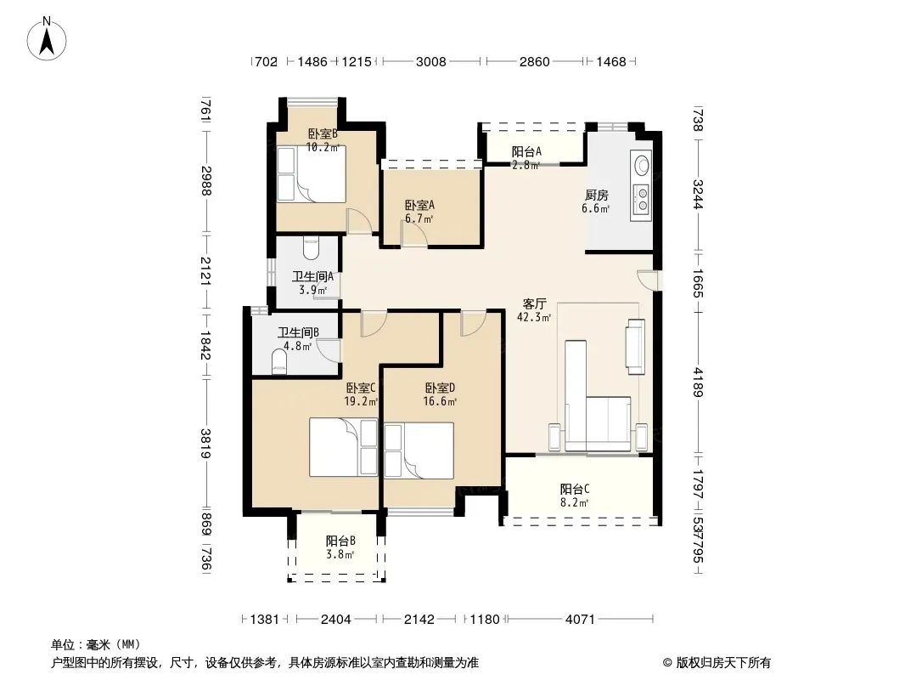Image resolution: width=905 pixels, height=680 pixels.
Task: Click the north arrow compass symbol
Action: pyautogui.click(x=47, y=39)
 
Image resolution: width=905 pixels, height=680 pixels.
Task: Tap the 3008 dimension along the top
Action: pyautogui.click(x=431, y=62)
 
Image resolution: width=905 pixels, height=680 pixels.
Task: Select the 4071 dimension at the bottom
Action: pyautogui.click(x=580, y=620)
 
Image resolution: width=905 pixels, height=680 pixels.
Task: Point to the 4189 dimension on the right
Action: pyautogui.click(x=698, y=382)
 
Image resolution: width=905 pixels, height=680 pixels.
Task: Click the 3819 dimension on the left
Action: pyautogui.click(x=206, y=443)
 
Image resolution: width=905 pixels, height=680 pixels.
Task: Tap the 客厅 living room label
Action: pyautogui.click(x=534, y=304)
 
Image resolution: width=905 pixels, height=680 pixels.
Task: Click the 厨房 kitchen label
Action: pyautogui.click(x=596, y=195)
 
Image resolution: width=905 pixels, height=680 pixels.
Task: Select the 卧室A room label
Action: pyautogui.click(x=419, y=205)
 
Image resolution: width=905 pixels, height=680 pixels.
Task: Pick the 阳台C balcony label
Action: pyautogui.click(x=574, y=490)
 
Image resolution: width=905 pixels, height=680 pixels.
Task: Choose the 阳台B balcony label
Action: pyautogui.click(x=340, y=541)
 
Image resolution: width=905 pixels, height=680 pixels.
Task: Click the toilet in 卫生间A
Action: pyautogui.click(x=311, y=248)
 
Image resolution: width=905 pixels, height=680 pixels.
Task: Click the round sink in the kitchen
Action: pyautogui.click(x=641, y=165)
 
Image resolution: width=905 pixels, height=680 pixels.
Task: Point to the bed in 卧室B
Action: pyautogui.click(x=311, y=174)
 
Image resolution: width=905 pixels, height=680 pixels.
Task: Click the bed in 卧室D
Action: pyautogui.click(x=419, y=450)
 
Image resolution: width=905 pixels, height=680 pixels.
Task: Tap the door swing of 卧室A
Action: pyautogui.click(x=413, y=235)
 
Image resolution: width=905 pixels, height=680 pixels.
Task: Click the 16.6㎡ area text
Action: pyautogui.click(x=440, y=401)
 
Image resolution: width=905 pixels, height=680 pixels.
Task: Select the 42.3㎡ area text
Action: pyautogui.click(x=534, y=317)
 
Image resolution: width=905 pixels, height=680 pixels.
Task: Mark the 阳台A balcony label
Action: pyautogui.click(x=526, y=152)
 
